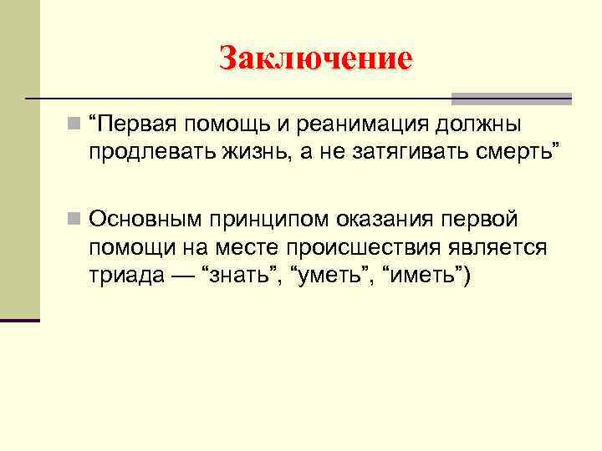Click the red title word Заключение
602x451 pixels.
[315, 58]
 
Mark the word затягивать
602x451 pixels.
[400, 151]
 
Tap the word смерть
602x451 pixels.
[517, 151]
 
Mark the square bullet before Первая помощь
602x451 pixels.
[75, 125]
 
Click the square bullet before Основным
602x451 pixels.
[75, 220]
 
